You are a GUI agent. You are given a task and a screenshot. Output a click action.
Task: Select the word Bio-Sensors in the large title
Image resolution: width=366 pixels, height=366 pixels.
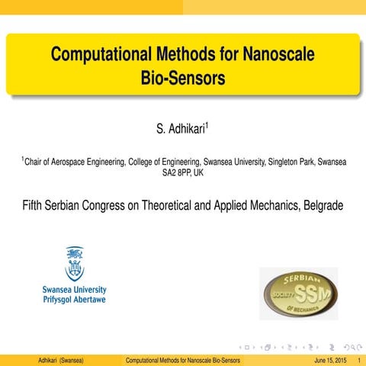tap(183, 78)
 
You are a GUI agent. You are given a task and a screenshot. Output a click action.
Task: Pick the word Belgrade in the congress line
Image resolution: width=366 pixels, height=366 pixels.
tap(323, 206)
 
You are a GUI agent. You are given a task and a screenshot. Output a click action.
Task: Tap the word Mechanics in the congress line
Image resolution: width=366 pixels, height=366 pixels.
tap(271, 206)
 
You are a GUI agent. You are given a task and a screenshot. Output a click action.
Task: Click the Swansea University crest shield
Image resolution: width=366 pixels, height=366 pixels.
tap(75, 264)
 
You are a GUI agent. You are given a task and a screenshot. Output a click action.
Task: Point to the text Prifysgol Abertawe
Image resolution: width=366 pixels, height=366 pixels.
tap(75, 300)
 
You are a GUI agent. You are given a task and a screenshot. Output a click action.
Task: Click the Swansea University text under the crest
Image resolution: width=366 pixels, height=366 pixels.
tap(75, 290)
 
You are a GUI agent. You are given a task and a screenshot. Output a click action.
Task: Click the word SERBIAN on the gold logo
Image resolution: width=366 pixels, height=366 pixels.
tap(298, 279)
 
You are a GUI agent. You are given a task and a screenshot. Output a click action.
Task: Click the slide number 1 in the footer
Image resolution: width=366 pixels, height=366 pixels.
tap(358, 359)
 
